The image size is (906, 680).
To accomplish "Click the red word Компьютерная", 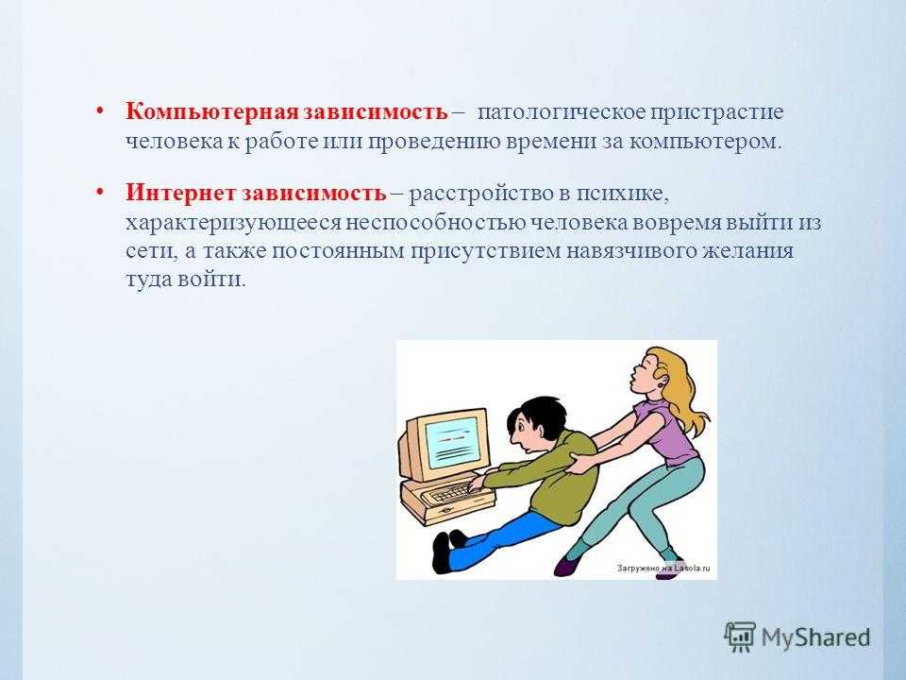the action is click(212, 111).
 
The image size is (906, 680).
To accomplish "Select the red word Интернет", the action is click(181, 193).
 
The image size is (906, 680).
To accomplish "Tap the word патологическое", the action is click(561, 112).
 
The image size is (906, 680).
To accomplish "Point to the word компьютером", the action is click(705, 141).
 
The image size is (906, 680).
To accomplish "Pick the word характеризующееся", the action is click(233, 223).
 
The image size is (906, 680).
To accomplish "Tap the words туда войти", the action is click(186, 279).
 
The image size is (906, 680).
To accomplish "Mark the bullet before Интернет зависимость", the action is click(100, 192).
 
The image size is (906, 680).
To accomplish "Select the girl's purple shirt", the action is click(667, 432).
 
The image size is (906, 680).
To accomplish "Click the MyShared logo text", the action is click(815, 637).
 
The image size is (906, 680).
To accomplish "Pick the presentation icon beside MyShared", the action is click(740, 637).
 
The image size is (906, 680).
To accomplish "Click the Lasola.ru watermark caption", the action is click(663, 568).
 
